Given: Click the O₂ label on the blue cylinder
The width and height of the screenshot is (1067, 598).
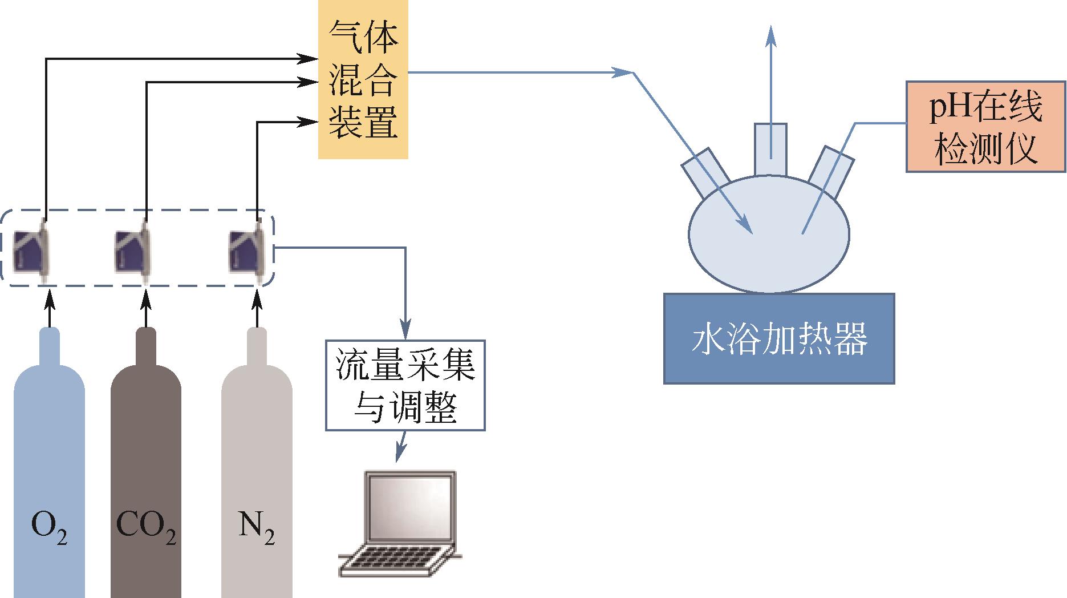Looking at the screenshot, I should coord(50,528).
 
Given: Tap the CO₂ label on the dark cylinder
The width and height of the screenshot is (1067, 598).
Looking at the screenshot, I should coord(146,528).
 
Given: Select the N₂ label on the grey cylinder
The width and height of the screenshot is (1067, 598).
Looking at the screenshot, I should coord(256,528).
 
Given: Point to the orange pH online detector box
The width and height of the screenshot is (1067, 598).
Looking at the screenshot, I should coord(985,127).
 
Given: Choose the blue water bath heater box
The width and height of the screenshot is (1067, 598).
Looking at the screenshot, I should coord(779,338).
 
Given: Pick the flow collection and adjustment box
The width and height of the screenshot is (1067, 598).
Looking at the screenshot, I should coord(405,386).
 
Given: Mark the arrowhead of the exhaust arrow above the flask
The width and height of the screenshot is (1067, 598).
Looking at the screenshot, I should coord(771,33).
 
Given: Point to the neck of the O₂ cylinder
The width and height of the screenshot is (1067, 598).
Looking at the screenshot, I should coord(49,348).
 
